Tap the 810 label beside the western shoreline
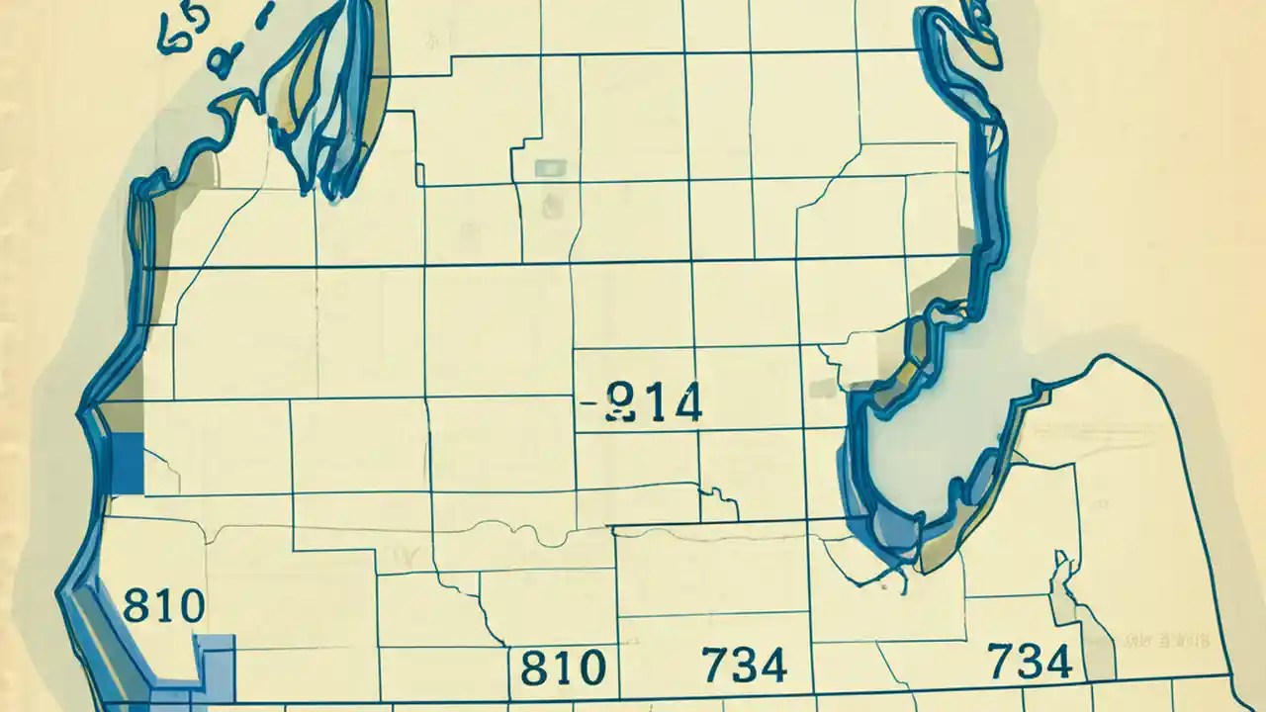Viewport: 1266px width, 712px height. click(164, 604)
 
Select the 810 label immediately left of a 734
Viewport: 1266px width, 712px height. click(562, 667)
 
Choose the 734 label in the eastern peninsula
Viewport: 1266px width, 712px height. click(1030, 661)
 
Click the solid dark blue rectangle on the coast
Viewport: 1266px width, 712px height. click(127, 464)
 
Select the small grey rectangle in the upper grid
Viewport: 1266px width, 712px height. click(546, 168)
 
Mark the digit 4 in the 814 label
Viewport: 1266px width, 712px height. click(685, 403)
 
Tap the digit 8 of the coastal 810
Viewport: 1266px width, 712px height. click(136, 604)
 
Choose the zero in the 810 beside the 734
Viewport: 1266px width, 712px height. click(589, 668)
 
